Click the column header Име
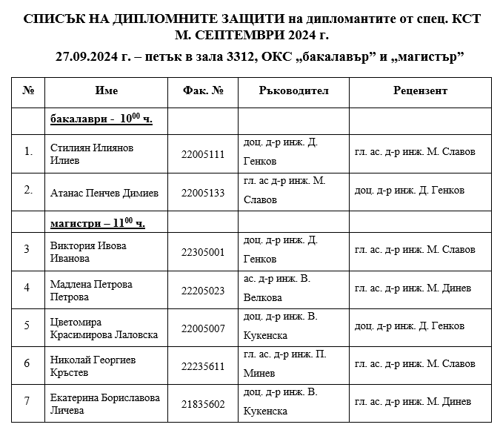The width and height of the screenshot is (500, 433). (x=107, y=90)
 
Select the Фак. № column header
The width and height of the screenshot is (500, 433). (x=202, y=90)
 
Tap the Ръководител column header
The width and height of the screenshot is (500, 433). (x=293, y=90)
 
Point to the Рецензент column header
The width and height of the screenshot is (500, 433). (x=419, y=90)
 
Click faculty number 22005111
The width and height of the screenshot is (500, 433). (x=202, y=154)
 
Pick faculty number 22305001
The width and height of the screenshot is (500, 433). (x=202, y=252)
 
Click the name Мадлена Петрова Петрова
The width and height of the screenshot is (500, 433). (x=91, y=291)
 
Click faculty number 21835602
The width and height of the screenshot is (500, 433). (x=202, y=403)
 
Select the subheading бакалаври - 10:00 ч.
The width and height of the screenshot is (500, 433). (x=101, y=119)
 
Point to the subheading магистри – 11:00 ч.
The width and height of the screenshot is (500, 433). (x=98, y=222)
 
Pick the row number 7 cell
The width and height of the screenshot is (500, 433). (x=27, y=401)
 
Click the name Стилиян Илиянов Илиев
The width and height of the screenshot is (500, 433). (x=92, y=153)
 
